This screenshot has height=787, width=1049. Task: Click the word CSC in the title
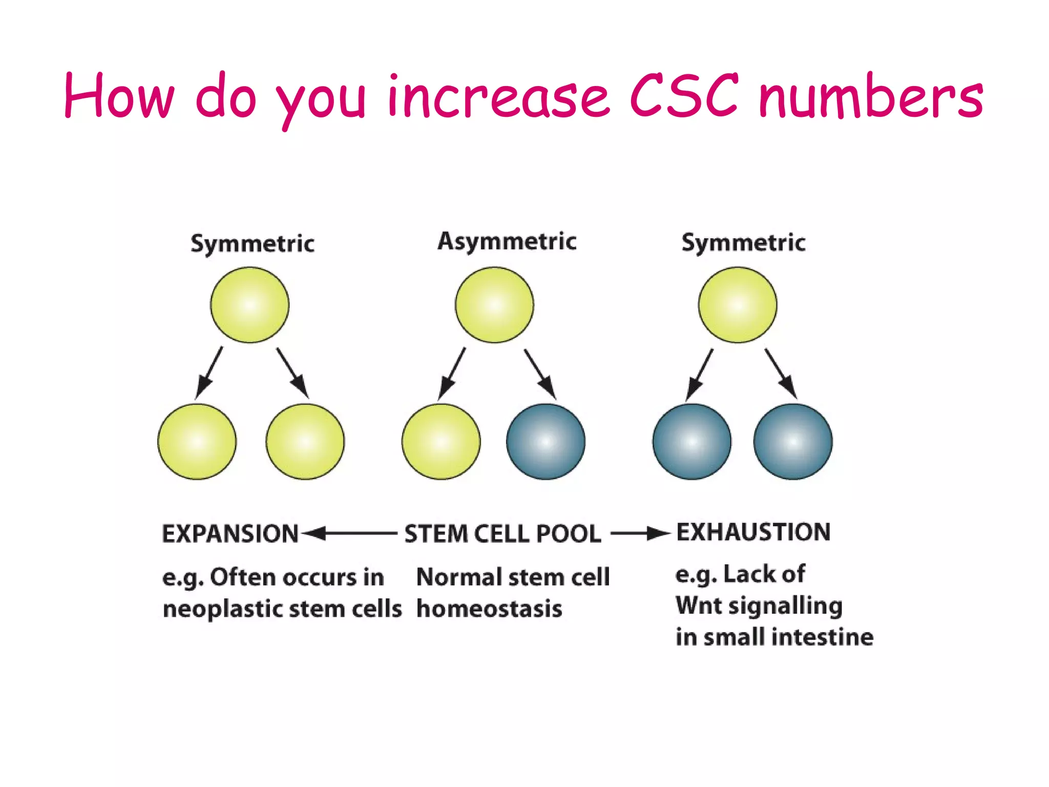[684, 96]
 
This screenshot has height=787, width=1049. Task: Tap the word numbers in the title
[871, 97]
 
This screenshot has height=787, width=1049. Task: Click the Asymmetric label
[507, 241]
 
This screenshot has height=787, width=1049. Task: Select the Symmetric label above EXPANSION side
[252, 243]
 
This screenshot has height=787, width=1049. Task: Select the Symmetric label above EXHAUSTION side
[743, 242]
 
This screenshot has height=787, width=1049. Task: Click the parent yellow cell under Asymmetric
[494, 305]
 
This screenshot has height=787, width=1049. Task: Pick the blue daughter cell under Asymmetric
[546, 442]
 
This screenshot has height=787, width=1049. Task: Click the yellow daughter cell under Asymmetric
[441, 442]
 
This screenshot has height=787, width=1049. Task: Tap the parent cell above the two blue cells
[738, 305]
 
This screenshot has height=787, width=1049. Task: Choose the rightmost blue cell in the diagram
[793, 442]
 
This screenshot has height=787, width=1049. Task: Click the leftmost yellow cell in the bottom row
[197, 442]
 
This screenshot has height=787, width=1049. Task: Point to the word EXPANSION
[230, 534]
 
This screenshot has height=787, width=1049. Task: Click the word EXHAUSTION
[753, 532]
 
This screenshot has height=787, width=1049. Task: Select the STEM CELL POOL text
[502, 534]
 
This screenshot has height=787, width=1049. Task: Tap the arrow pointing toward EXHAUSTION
[640, 534]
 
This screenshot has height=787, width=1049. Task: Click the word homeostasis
[489, 609]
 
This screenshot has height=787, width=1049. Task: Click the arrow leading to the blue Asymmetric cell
[540, 374]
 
